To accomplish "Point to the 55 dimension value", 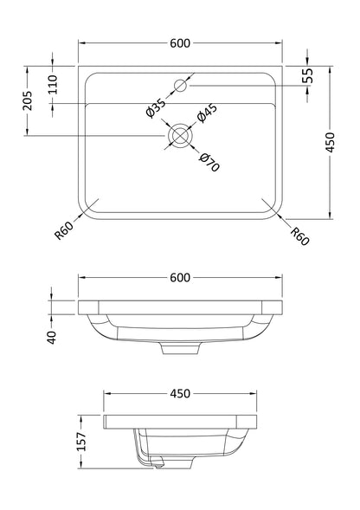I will coord(308,76).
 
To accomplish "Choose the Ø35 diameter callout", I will coord(156,107).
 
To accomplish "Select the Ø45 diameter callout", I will coord(205,116).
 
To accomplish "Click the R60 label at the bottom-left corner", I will coord(63,231).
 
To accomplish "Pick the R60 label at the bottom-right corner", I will coord(299,234).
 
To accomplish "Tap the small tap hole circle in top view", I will coord(181,85).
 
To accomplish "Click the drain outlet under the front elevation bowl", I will coord(180,348).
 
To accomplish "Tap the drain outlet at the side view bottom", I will coord(156,464).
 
